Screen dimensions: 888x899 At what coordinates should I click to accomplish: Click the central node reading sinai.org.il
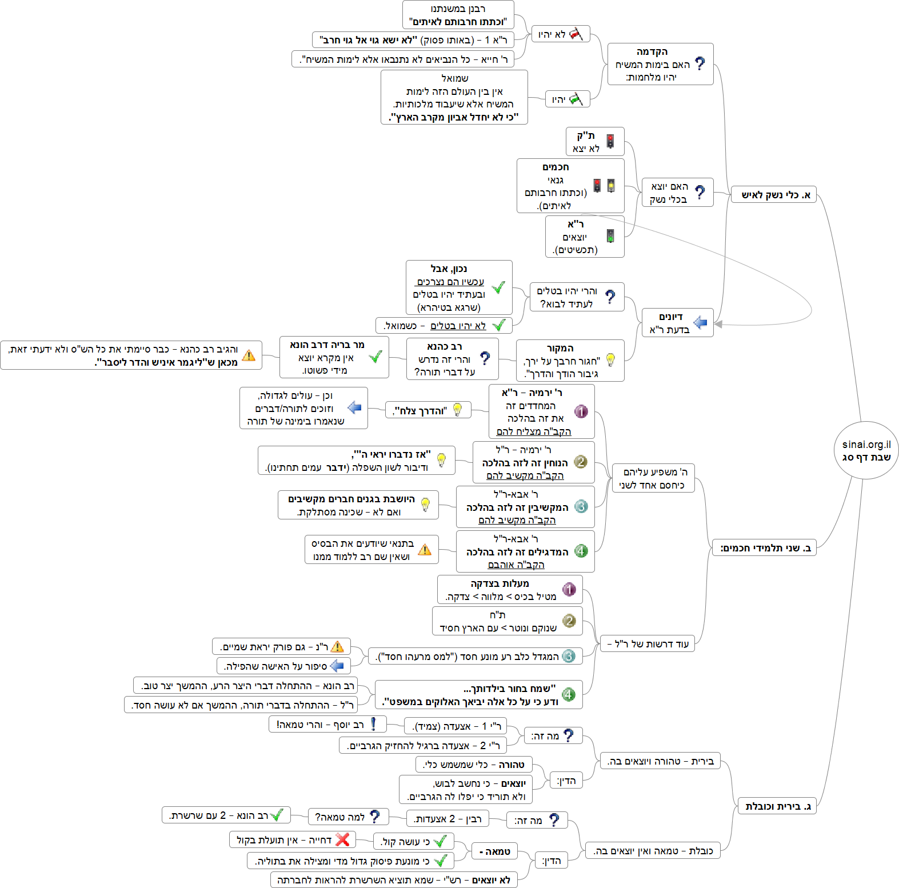click(866, 450)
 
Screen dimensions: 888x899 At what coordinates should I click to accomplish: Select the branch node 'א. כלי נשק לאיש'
click(776, 195)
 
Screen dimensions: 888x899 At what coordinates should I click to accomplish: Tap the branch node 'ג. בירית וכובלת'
click(777, 806)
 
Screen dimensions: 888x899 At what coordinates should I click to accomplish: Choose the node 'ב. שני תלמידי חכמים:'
click(765, 548)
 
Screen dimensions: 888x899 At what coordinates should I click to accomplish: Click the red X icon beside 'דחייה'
click(342, 839)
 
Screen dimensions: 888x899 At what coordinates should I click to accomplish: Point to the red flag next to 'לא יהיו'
click(576, 34)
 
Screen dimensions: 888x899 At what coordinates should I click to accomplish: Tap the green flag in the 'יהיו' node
click(576, 99)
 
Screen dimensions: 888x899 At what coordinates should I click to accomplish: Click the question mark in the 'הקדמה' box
click(700, 63)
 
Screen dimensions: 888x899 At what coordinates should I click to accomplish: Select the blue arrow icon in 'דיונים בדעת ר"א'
click(700, 323)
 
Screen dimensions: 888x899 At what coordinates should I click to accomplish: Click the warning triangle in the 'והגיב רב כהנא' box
click(249, 355)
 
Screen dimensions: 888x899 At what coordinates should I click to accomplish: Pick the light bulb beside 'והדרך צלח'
click(457, 410)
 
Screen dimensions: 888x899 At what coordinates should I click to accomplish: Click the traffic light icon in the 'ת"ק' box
click(610, 141)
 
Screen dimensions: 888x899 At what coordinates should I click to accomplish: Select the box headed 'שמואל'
click(454, 97)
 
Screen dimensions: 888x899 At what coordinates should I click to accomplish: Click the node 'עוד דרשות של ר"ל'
click(648, 644)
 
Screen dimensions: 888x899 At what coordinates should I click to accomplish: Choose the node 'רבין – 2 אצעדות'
click(447, 819)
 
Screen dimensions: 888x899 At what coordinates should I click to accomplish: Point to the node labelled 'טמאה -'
click(494, 851)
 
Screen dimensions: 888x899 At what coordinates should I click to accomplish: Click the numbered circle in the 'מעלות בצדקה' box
click(569, 589)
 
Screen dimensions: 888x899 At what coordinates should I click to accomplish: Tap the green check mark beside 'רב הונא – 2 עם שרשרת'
click(277, 814)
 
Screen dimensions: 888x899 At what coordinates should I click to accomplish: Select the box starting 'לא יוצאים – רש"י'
click(394, 880)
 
